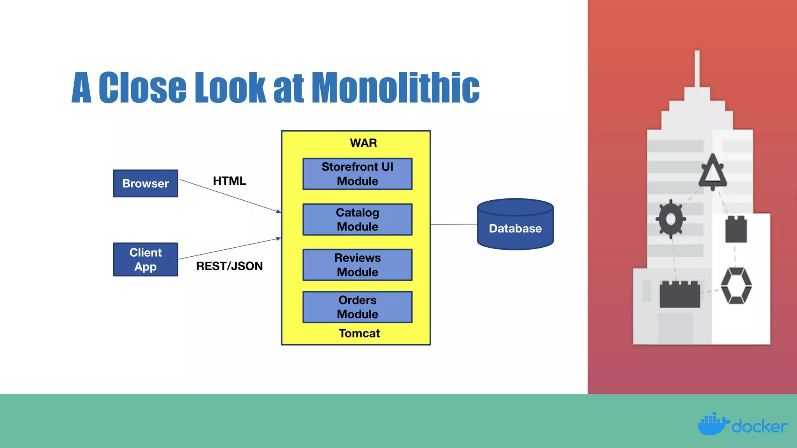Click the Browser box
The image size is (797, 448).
[145, 183]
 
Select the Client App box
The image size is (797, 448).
[145, 259]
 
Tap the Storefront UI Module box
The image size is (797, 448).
[357, 174]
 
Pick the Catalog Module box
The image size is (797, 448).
[357, 219]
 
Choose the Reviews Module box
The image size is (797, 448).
[357, 265]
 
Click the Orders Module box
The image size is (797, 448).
[357, 307]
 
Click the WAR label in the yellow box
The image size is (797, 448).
[363, 143]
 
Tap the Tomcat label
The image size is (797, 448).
[359, 333]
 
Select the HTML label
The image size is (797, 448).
[229, 181]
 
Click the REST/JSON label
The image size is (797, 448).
[229, 266]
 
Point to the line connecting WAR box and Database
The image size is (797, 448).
[453, 224]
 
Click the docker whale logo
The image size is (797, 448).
[712, 425]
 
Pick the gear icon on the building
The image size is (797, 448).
[671, 219]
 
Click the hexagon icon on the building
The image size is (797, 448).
[736, 286]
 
